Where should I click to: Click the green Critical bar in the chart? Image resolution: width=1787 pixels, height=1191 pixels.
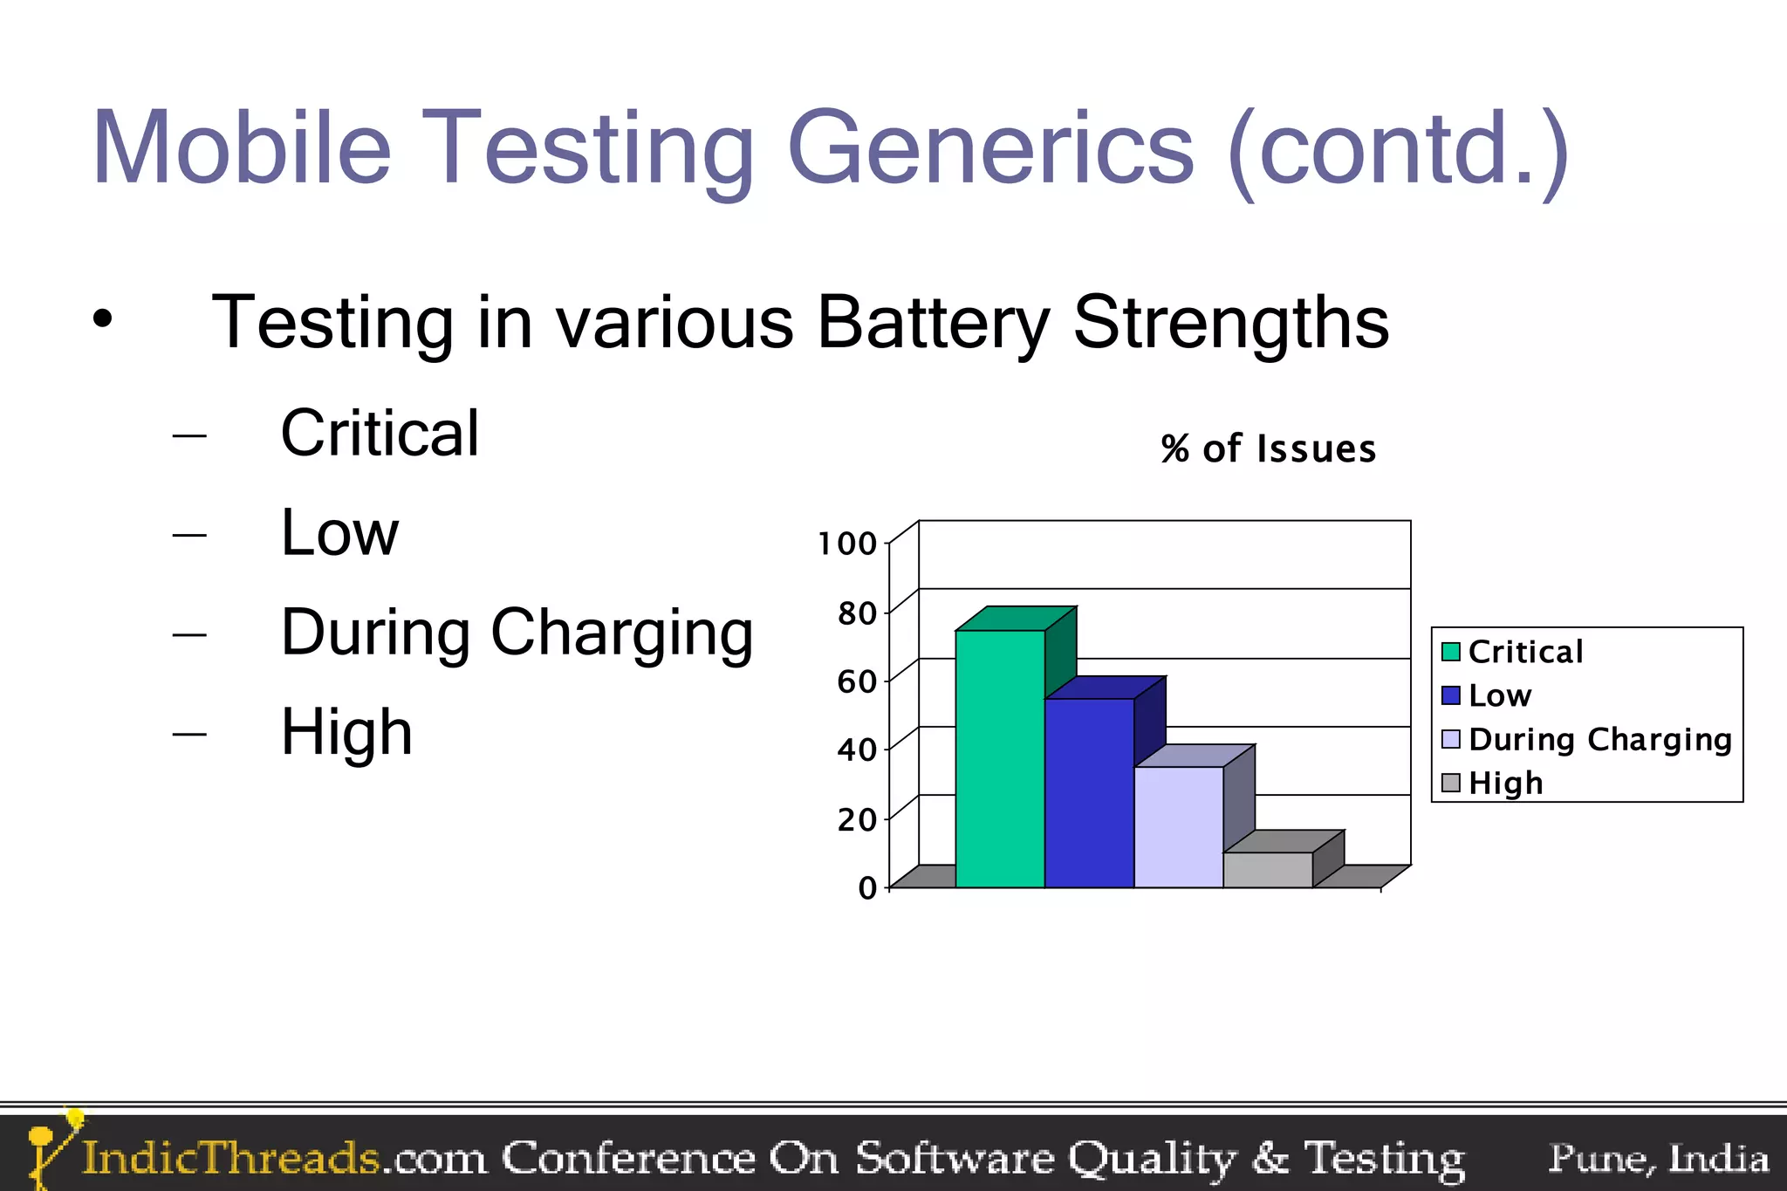[1000, 758]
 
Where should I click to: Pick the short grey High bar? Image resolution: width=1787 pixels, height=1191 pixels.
[1267, 869]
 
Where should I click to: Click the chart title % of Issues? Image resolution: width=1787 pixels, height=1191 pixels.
[1268, 449]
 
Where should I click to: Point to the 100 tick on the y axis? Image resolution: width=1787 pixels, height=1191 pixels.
[846, 544]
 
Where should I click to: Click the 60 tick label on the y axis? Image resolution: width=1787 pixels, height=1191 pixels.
[856, 681]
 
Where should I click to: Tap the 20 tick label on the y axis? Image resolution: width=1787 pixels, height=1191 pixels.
[856, 819]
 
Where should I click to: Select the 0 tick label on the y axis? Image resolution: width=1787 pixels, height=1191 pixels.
[866, 888]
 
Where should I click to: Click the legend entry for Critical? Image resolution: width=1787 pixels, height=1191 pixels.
[1525, 652]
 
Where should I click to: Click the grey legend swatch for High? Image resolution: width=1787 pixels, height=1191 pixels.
[1450, 783]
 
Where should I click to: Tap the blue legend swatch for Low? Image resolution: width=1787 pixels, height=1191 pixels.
[1450, 695]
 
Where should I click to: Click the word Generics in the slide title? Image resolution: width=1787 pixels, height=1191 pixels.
[989, 148]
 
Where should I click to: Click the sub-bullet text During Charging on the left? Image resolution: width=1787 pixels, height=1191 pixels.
[517, 632]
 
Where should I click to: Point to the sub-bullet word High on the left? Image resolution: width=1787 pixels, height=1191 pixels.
[346, 731]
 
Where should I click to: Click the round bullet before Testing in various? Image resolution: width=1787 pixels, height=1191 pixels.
[103, 319]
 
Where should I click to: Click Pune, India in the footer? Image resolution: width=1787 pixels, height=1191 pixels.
[1658, 1158]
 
